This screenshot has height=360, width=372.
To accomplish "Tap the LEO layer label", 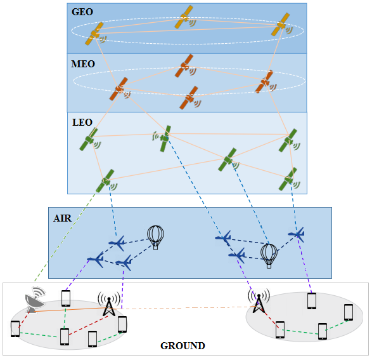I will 82,121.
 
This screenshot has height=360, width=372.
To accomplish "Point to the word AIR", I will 62,218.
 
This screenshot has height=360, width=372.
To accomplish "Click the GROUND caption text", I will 183,346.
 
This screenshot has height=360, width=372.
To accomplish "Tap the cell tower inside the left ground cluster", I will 109,304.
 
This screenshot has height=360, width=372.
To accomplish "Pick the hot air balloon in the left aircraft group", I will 155,237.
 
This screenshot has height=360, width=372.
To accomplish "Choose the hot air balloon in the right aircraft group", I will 269,255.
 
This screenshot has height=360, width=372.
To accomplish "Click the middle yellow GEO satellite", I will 185,18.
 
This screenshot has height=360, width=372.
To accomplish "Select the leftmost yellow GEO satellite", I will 94,34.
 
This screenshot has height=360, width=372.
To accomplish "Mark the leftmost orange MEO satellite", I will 119,90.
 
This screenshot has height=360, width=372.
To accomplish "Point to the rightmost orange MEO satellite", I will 264,82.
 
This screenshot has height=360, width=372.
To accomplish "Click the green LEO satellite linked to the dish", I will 106,181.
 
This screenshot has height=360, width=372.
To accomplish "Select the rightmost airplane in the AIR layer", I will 296,235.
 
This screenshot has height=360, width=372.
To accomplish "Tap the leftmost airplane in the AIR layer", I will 95,259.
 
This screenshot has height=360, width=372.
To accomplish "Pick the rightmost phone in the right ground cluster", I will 348,312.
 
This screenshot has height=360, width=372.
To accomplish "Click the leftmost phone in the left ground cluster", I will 15,329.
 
